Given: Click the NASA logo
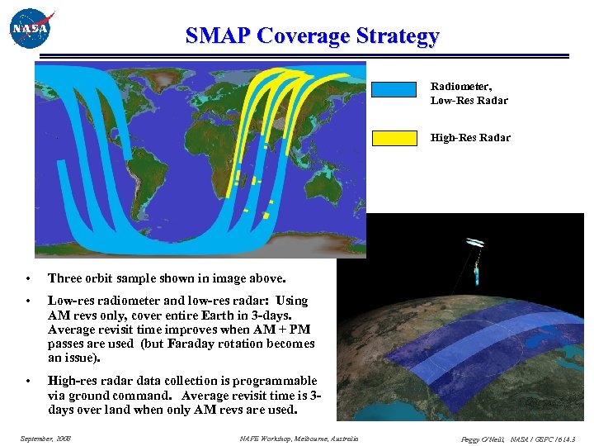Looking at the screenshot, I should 31,28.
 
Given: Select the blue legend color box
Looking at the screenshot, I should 394,90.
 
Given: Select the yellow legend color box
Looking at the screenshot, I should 394,138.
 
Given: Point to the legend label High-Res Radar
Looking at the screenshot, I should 469,138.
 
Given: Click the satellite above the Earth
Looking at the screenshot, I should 476,256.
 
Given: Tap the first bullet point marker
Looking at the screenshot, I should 27,278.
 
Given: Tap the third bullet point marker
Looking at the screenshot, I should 27,381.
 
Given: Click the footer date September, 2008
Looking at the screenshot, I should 45,439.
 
